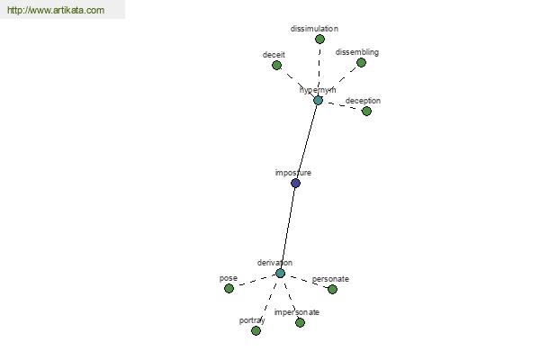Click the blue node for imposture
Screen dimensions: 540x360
click(x=295, y=183)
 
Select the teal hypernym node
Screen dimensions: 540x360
click(x=318, y=100)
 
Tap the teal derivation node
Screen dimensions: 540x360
click(x=280, y=274)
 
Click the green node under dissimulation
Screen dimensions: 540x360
click(x=319, y=40)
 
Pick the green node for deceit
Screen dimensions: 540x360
click(x=276, y=65)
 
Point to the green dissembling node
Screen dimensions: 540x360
click(x=361, y=63)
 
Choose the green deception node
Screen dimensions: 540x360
click(x=366, y=111)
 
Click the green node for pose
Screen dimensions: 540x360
click(x=229, y=288)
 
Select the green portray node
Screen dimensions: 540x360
click(x=256, y=330)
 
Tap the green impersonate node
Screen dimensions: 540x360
click(x=300, y=322)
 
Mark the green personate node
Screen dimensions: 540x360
click(x=332, y=290)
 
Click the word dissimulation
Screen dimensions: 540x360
click(x=314, y=29)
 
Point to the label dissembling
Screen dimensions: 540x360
click(x=357, y=52)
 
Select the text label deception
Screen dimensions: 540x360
click(x=363, y=101)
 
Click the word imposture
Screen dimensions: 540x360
click(x=293, y=173)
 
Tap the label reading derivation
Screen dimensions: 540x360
click(x=274, y=263)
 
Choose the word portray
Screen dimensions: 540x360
click(x=252, y=320)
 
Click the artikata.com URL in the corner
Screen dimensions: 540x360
click(x=56, y=10)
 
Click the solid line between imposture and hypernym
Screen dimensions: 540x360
click(x=307, y=141)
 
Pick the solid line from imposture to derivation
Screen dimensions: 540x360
click(x=288, y=228)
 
